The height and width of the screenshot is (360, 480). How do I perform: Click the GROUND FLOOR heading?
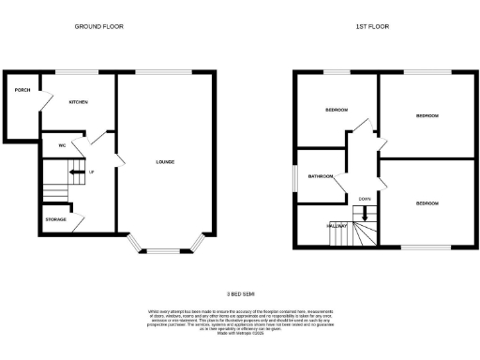coord(98,26)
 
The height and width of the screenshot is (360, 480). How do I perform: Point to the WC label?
coord(61,145)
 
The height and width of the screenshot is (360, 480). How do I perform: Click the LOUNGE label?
coord(165,162)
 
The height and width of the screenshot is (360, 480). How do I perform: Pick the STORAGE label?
coord(56,219)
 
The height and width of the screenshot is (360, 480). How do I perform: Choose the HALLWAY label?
coord(337,226)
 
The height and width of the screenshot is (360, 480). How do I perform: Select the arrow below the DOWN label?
coord(365,213)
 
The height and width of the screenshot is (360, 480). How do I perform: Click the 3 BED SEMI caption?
coord(240,292)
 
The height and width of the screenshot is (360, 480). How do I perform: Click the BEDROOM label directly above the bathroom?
coord(337,111)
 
